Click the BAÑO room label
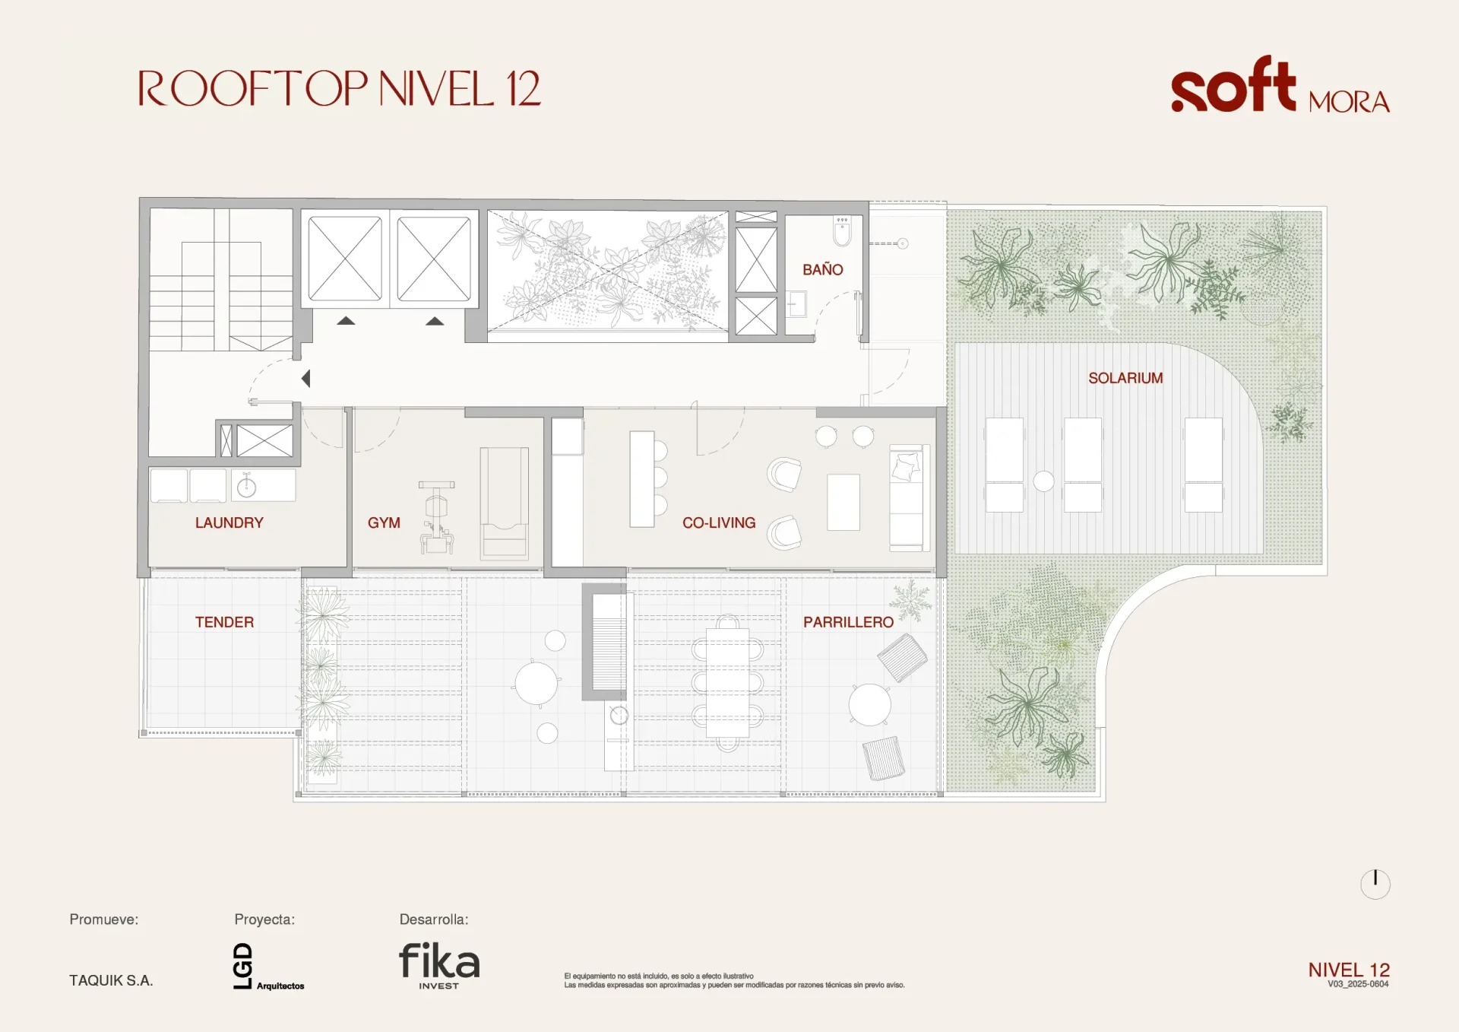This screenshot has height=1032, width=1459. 823,269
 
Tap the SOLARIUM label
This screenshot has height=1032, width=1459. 1125,378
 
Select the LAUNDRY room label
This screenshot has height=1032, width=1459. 229,522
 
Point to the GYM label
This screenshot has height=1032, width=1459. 384,522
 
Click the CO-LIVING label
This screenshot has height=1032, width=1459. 719,522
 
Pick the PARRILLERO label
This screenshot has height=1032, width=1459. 848,622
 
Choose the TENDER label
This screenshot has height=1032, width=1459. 224,622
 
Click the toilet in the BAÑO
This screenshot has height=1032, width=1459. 842,231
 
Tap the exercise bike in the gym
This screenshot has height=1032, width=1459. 437,517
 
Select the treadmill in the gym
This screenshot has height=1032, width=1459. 504,503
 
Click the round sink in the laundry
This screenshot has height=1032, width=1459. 246,487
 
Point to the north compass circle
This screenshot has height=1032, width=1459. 1375,884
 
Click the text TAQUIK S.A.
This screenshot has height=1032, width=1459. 111,980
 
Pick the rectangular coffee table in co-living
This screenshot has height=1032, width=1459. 843,503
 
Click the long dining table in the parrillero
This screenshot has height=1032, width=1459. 727,683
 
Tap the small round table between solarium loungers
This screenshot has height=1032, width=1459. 1043,481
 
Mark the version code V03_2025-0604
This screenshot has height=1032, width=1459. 1358,984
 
